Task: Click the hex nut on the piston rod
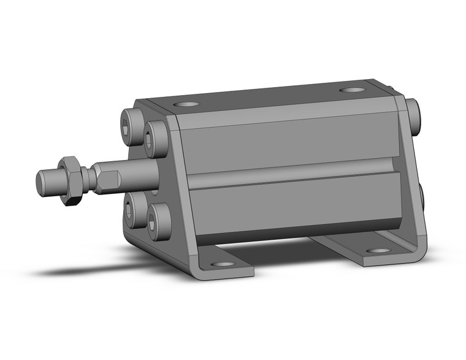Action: pyautogui.click(x=69, y=178)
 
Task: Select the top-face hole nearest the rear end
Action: pyautogui.click(x=351, y=90)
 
